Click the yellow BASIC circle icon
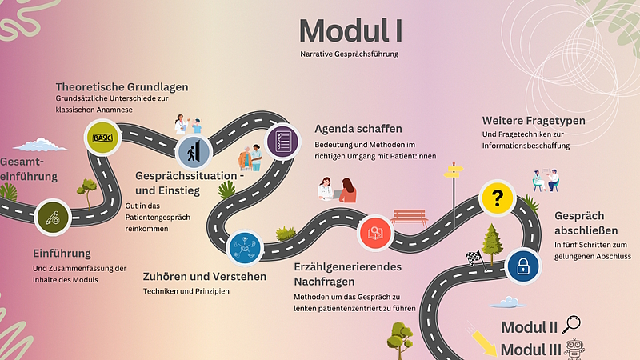coord(102,138)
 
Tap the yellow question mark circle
coord(497,198)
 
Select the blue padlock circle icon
coord(523,266)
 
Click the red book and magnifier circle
coord(375,233)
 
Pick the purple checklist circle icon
coord(282,142)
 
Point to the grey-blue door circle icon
coord(194,152)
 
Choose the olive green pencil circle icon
coord(53,218)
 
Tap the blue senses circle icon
coord(245,248)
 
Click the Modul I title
coord(350,30)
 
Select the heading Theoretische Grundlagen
coord(122,87)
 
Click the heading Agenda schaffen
coord(358,129)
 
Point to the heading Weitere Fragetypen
coord(534,121)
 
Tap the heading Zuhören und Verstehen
coord(205,276)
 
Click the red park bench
coord(409,218)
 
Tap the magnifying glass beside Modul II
coord(571,325)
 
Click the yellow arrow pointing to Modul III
coord(484,342)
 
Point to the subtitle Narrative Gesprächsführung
coord(350,54)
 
